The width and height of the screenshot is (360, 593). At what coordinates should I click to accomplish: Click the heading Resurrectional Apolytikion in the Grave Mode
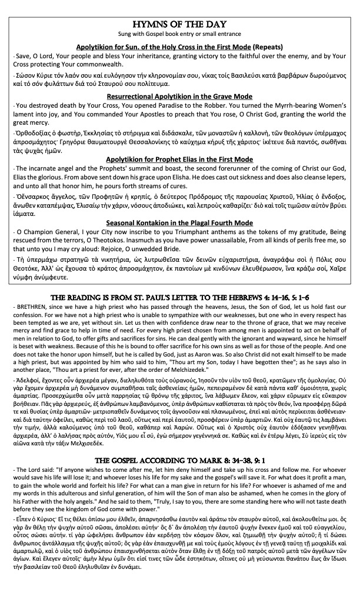179,96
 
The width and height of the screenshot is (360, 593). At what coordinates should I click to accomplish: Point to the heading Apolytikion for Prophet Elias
179,159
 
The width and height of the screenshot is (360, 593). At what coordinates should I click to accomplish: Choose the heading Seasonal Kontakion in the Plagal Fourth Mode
179,222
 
